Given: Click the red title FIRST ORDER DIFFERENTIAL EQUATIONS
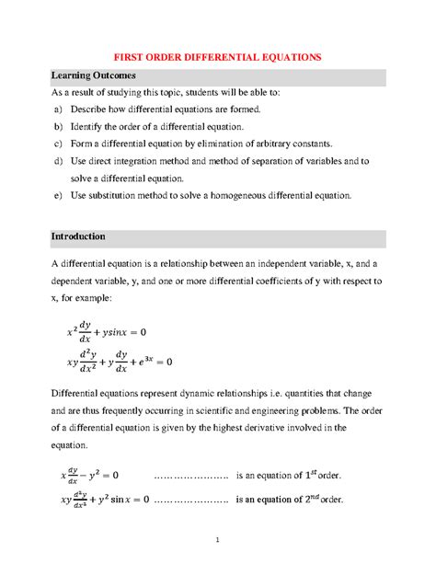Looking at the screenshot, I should pos(217,57).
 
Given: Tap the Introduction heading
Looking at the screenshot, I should pos(84,236).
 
